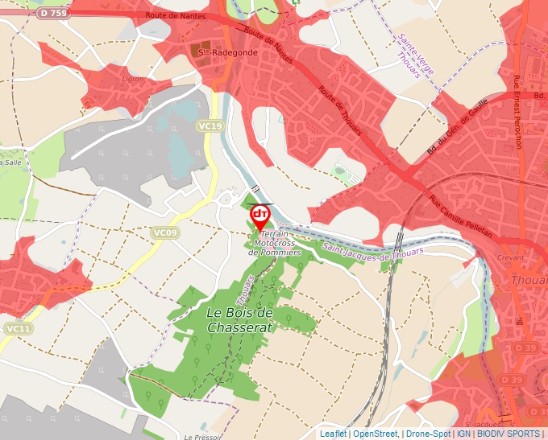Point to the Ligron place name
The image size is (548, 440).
pos(132,79)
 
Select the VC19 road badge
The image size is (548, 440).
pos(210,125)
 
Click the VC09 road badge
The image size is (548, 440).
pos(164,232)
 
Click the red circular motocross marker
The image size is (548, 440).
pos(260,214)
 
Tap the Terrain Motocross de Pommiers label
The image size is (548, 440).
pos(276,242)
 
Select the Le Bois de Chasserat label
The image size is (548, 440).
pos(240,319)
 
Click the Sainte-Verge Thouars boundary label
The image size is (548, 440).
pos(415,54)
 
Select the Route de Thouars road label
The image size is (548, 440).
pos(339,109)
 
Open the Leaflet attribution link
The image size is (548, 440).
pos(334,434)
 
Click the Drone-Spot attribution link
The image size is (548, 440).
pos(428,434)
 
